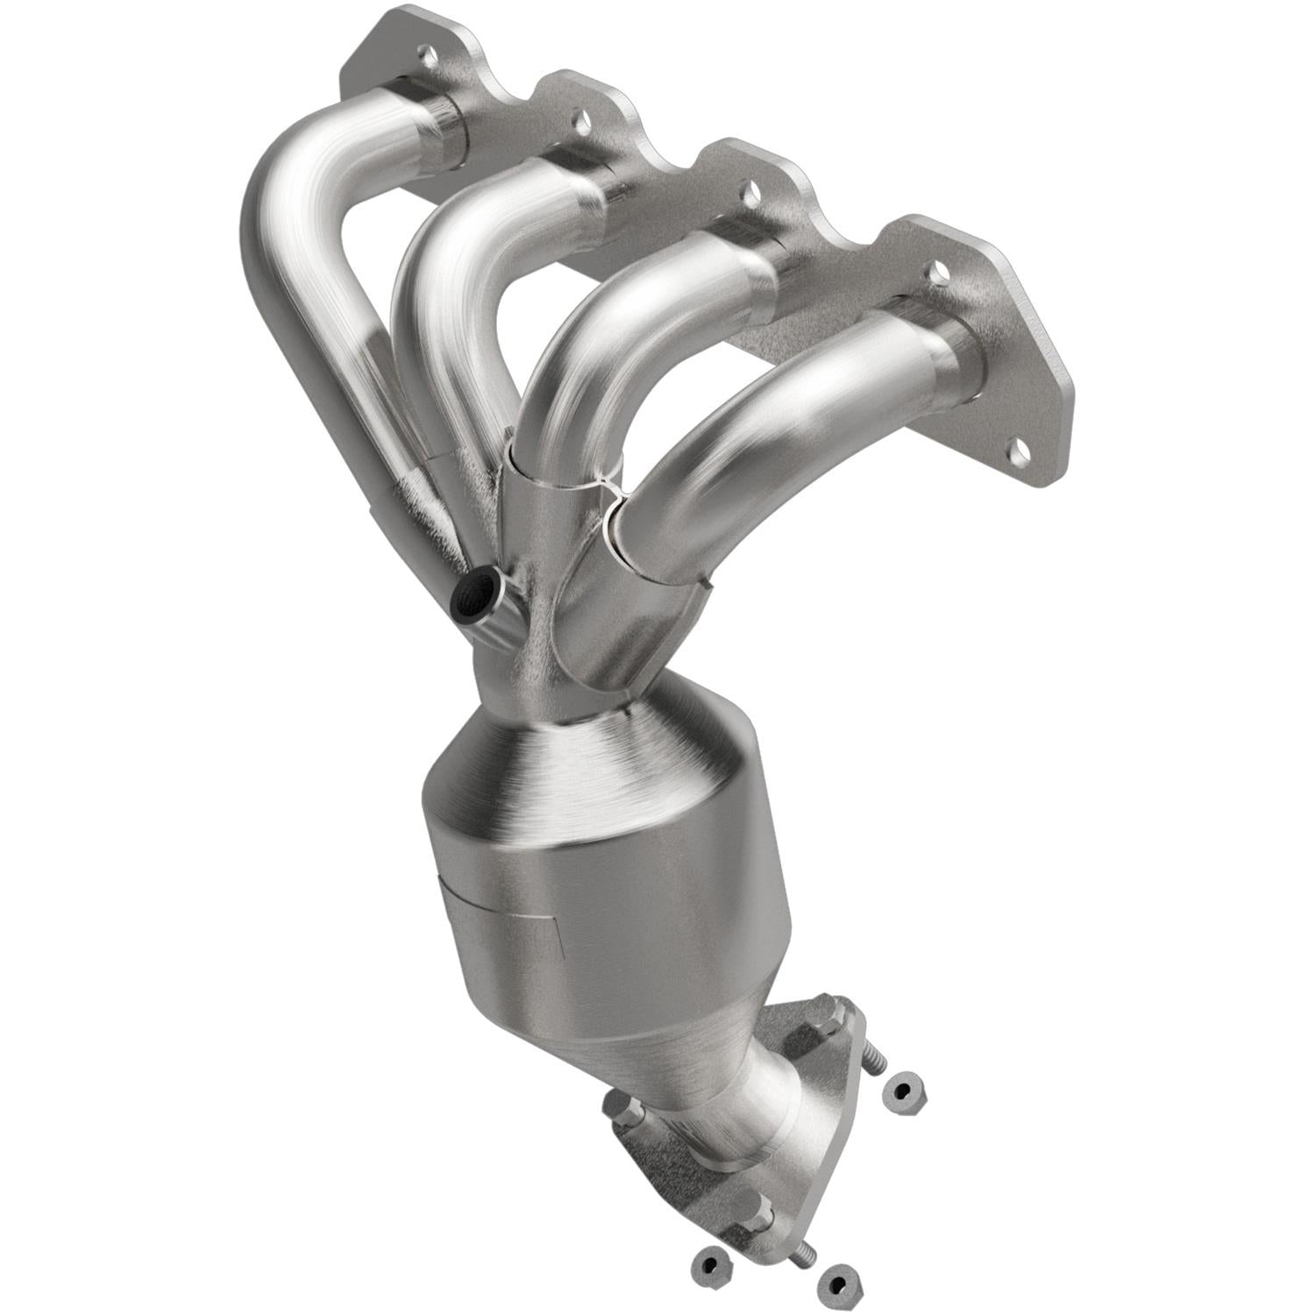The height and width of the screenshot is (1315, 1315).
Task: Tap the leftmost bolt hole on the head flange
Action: [x=428, y=57]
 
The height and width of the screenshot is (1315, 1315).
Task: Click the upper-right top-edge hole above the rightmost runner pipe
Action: [x=938, y=272]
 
